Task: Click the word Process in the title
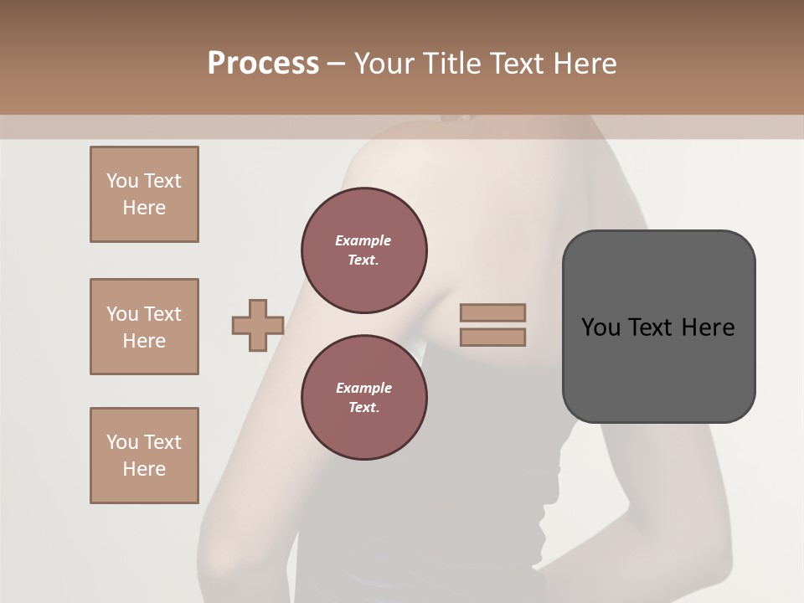[x=263, y=64]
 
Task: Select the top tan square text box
[x=144, y=194]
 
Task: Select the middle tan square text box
[x=144, y=327]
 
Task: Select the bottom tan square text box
[x=144, y=456]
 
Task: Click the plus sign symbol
[x=258, y=326]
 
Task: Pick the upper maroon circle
[x=364, y=250]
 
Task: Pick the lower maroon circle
[x=364, y=398]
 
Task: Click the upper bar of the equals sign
[x=492, y=313]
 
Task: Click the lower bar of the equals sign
[x=492, y=338]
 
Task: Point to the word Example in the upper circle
[x=363, y=240]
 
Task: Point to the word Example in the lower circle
[x=363, y=388]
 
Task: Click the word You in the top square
[x=121, y=181]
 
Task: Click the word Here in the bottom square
[x=144, y=469]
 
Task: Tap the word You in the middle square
[x=121, y=314]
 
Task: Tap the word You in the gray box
[x=600, y=327]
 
